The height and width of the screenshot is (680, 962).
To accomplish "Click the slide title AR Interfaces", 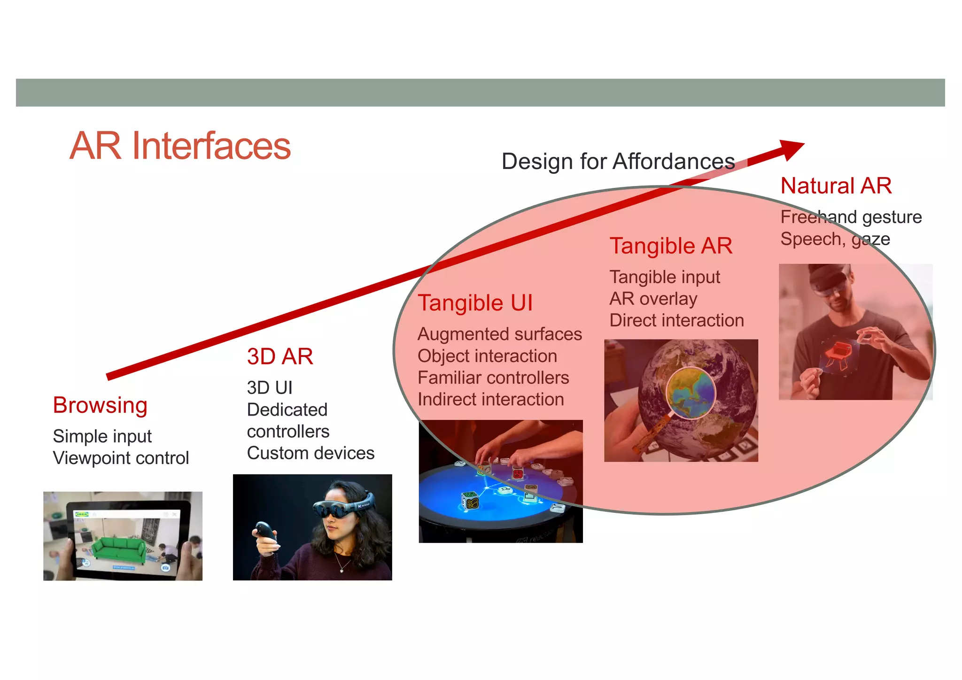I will tap(180, 146).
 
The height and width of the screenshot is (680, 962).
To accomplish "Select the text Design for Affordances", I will tap(618, 162).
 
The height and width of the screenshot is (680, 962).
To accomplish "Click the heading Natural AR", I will tap(836, 186).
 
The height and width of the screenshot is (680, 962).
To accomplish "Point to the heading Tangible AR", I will tap(671, 246).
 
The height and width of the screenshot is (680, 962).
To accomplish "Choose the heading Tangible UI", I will tap(475, 303).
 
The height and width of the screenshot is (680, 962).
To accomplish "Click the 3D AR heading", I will tap(280, 356).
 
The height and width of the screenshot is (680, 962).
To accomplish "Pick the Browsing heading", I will tap(100, 405).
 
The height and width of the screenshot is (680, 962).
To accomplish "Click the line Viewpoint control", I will tap(121, 458).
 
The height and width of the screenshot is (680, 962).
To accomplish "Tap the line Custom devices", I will tap(310, 453).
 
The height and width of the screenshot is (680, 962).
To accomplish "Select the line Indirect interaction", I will tap(490, 400).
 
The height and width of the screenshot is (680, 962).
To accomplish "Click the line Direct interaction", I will tap(676, 321).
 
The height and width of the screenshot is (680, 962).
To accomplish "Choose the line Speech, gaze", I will tap(835, 239).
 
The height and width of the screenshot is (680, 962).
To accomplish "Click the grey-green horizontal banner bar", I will tap(480, 93).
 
